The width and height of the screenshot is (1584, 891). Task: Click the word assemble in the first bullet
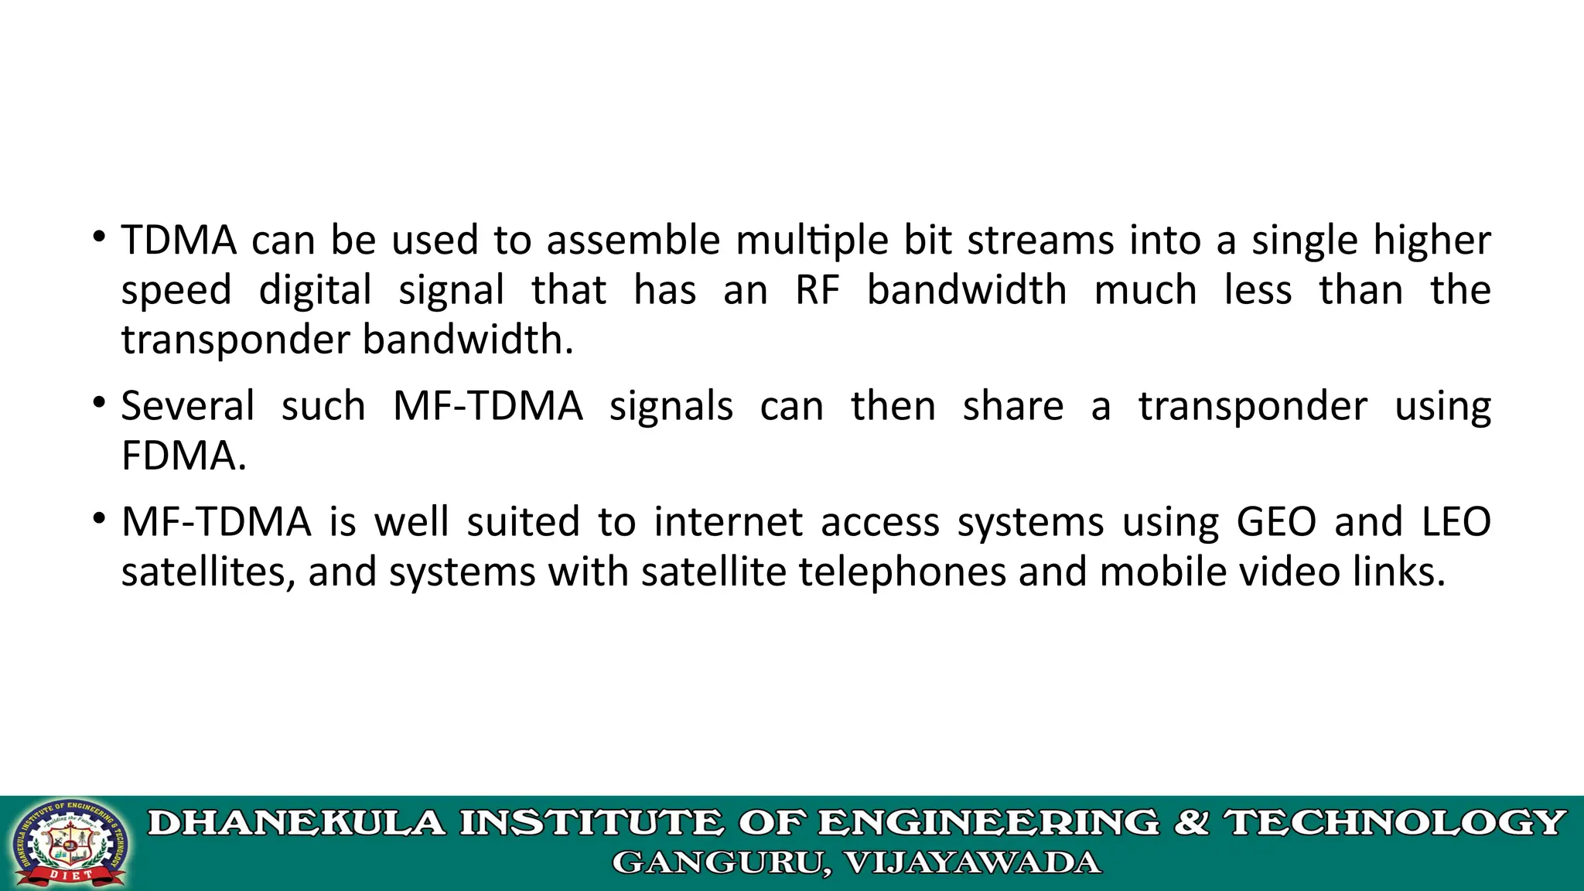[633, 240]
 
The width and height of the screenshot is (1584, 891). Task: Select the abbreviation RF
[818, 290]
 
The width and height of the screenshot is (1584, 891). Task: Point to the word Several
[188, 406]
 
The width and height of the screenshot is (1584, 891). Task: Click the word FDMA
[184, 456]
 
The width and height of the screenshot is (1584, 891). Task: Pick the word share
[1013, 406]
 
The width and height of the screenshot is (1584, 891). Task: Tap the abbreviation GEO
[1276, 521]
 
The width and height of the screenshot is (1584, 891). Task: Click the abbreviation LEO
[1456, 521]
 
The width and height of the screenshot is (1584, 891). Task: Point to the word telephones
[903, 572]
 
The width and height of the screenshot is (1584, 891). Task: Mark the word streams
[1040, 240]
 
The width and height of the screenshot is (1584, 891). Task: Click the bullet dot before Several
[98, 403]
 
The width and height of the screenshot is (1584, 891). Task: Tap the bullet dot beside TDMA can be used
[98, 237]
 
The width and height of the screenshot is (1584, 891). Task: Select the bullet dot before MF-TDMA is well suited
[98, 518]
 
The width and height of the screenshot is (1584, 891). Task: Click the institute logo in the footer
[71, 844]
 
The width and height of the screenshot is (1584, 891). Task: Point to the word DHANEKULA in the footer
[297, 823]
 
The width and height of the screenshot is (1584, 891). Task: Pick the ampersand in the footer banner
[1192, 823]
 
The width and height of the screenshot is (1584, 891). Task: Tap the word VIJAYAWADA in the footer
[972, 862]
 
